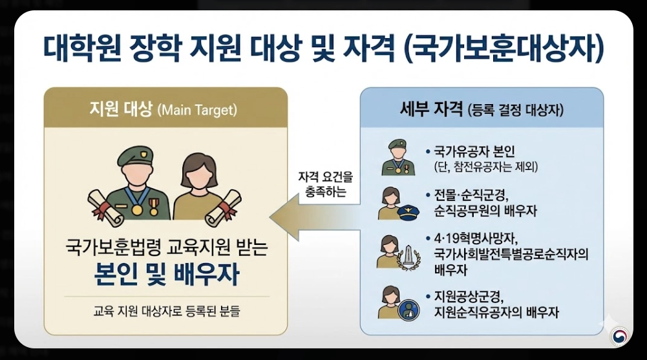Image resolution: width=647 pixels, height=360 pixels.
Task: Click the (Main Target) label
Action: [x=197, y=110]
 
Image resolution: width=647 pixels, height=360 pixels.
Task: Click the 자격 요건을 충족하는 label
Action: [x=322, y=185]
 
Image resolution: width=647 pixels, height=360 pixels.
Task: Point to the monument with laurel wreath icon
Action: [x=409, y=257]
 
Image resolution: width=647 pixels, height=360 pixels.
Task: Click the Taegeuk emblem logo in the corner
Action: [x=619, y=335]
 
